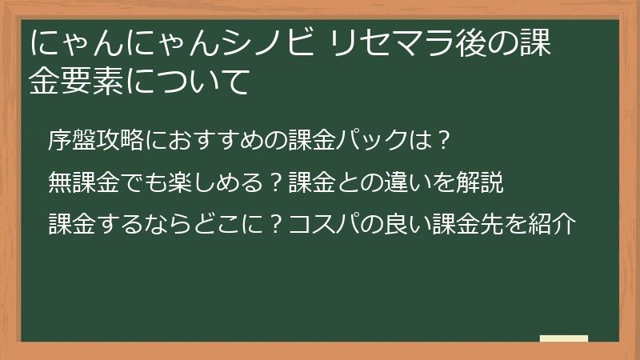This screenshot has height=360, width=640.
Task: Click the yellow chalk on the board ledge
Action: click(563, 338)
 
